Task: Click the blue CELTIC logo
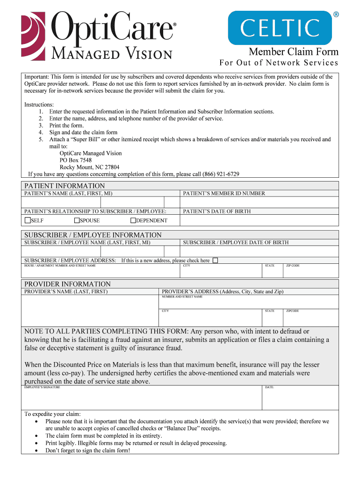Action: click(280, 28)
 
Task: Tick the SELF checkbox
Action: click(28, 220)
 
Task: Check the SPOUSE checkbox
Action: click(77, 220)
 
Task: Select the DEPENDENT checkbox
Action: click(133, 220)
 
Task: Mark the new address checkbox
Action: click(215, 261)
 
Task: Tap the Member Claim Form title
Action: click(293, 51)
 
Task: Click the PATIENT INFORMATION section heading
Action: click(65, 186)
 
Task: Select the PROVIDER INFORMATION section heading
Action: click(67, 284)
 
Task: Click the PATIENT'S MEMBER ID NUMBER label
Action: click(224, 193)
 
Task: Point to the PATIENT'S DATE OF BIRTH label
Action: click(217, 211)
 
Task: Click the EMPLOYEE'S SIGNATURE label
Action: click(42, 387)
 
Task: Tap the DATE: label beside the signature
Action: click(269, 387)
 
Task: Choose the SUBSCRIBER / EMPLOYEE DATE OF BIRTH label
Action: click(236, 242)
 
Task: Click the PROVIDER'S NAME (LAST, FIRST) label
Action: click(66, 291)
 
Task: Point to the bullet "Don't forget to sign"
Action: click(87, 450)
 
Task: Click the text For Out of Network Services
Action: click(279, 63)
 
